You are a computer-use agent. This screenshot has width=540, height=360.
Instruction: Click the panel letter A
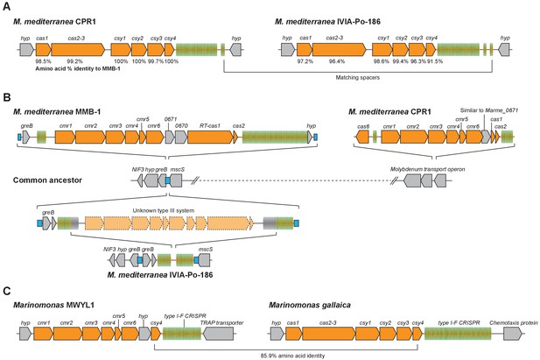click(x=6, y=7)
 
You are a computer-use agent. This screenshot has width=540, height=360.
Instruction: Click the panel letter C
click(x=6, y=291)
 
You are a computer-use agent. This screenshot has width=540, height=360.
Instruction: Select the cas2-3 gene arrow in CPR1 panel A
click(x=78, y=50)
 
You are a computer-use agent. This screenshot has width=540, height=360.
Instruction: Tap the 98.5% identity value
click(x=44, y=61)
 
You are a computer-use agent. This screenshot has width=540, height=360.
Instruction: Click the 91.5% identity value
click(x=435, y=61)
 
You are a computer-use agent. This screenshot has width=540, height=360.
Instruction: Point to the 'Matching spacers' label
click(x=357, y=78)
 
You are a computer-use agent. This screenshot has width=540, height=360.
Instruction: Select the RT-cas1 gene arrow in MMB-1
click(x=210, y=138)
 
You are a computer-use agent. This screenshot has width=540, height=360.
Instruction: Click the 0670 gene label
click(x=181, y=126)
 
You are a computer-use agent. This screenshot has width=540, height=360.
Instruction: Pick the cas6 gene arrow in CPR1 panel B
click(x=362, y=138)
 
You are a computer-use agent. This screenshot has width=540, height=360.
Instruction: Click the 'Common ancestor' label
click(x=47, y=180)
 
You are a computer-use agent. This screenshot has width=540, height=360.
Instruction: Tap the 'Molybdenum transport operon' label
click(x=427, y=169)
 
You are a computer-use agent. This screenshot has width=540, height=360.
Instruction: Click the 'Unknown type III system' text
click(x=164, y=210)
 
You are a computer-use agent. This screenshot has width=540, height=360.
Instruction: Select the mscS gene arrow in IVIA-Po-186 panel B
click(x=204, y=260)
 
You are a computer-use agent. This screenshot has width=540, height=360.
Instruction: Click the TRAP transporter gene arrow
click(x=218, y=334)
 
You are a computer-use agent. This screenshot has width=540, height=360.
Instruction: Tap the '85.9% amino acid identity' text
click(x=292, y=356)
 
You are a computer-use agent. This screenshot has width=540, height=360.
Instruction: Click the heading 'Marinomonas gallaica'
click(x=310, y=305)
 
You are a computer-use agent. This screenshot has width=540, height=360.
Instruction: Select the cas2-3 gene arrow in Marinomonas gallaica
click(x=328, y=334)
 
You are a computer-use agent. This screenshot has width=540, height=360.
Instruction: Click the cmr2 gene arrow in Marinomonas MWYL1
click(x=68, y=334)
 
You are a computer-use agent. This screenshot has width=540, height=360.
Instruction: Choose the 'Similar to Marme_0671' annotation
click(x=489, y=110)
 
